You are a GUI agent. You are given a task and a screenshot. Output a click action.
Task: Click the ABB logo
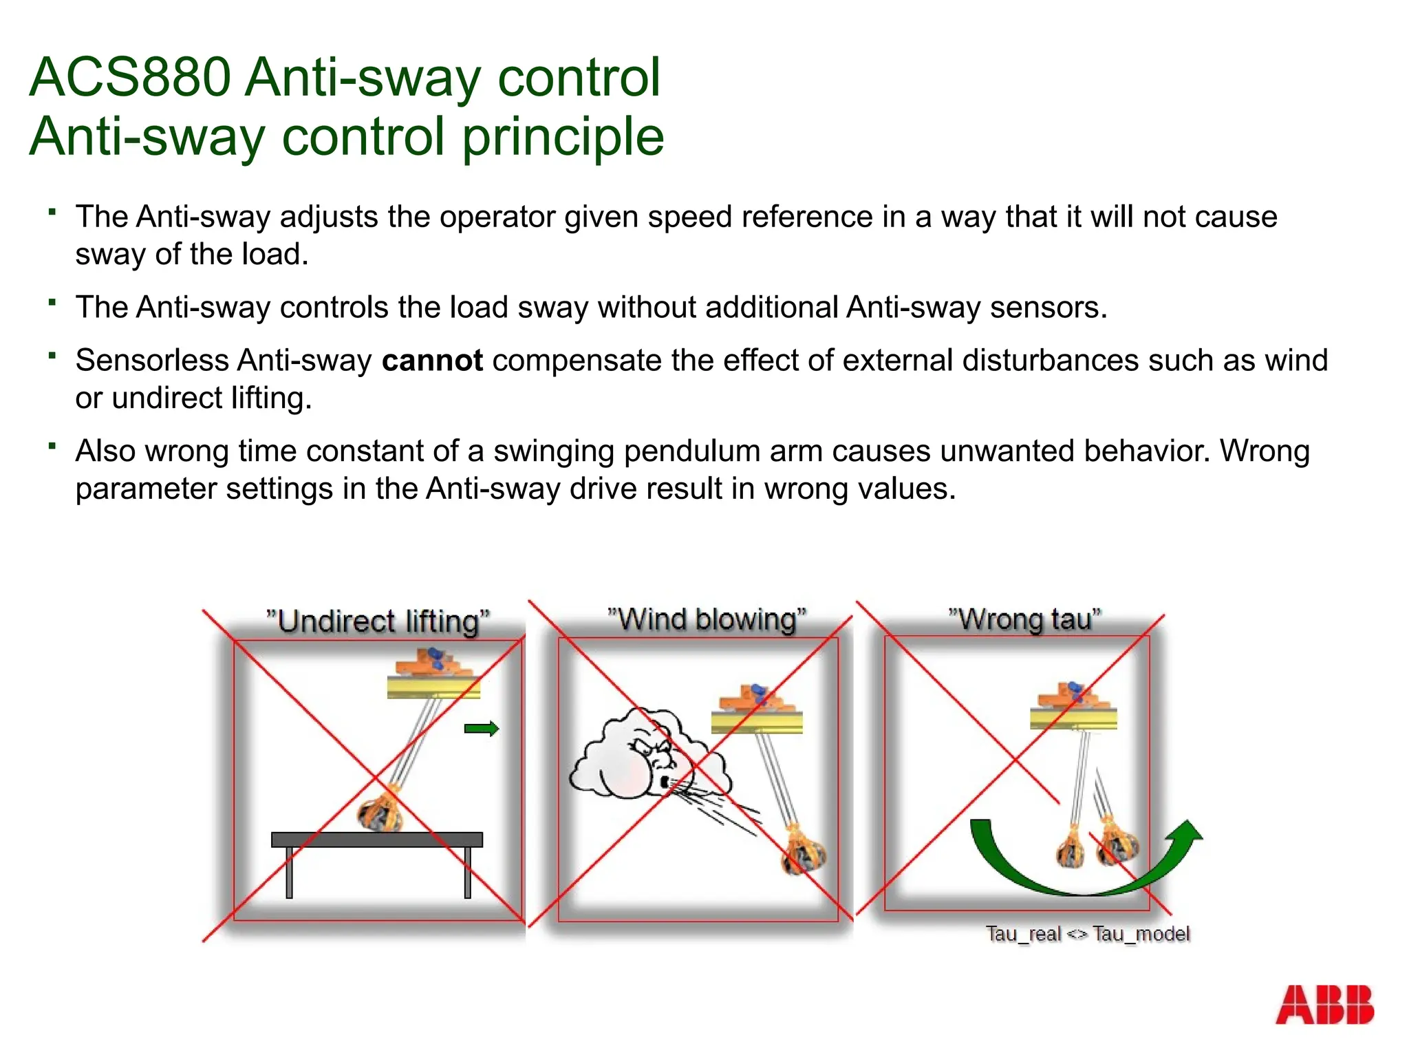[x=1324, y=1004]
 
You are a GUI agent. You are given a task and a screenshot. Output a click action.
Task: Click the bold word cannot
[x=432, y=361]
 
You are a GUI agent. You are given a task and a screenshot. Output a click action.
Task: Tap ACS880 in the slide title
[x=129, y=77]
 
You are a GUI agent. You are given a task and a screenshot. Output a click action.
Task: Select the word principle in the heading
[x=563, y=136]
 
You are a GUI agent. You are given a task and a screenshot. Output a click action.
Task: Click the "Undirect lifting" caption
[x=378, y=621]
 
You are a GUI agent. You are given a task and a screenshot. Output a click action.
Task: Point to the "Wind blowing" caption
[x=707, y=619]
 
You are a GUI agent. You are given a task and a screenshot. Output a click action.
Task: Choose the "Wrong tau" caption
[x=1024, y=619]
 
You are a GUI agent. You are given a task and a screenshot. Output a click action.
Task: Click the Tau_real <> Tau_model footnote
[x=1087, y=934]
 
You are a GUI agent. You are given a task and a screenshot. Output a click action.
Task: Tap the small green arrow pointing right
[x=481, y=729]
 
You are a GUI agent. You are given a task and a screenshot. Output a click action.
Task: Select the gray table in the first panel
[x=377, y=840]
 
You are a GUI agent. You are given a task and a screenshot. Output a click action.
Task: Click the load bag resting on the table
[x=380, y=812]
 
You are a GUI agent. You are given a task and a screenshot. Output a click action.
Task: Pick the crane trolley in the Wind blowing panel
[x=757, y=709]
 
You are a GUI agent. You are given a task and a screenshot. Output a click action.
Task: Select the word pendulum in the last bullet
[x=695, y=451]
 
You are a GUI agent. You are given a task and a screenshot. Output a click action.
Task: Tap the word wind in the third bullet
[x=1296, y=361]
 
